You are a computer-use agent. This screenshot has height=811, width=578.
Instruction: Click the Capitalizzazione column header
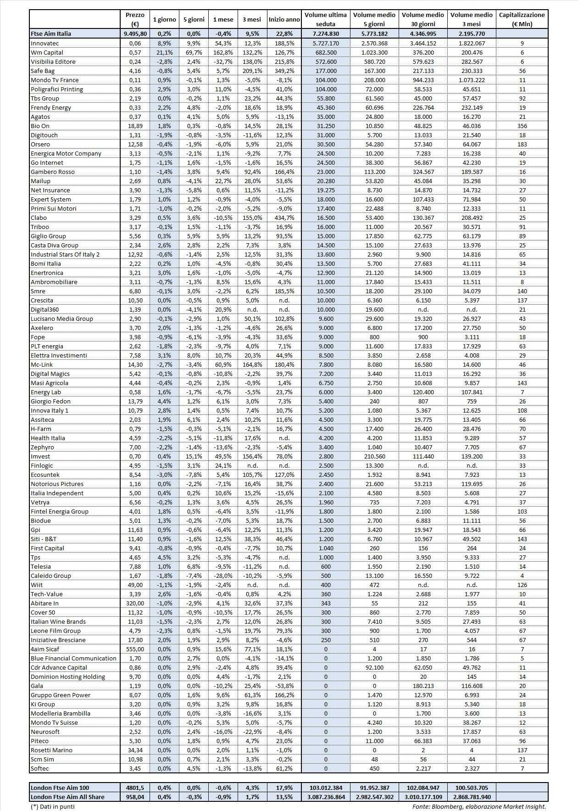click(x=522, y=19)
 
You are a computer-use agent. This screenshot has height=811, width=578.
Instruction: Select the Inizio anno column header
click(x=284, y=19)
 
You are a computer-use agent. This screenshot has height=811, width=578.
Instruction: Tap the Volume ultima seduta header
click(x=325, y=19)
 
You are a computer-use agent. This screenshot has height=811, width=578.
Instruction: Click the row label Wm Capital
click(x=47, y=52)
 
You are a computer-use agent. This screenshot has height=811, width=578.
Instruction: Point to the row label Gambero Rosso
click(x=52, y=172)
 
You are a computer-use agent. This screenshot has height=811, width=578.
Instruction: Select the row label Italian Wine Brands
click(x=58, y=621)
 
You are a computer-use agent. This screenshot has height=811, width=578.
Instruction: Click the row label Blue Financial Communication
click(x=73, y=658)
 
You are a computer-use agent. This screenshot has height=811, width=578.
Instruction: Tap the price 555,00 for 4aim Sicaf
click(x=135, y=649)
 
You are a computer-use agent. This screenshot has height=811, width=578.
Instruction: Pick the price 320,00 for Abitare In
click(x=135, y=603)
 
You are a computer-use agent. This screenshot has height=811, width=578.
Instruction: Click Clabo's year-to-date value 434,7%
click(x=284, y=218)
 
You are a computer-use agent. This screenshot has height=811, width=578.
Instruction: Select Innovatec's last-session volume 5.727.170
click(x=326, y=43)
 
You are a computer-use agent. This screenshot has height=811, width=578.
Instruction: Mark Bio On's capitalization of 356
click(x=522, y=126)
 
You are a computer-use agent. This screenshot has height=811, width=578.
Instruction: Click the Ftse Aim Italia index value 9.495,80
click(x=135, y=34)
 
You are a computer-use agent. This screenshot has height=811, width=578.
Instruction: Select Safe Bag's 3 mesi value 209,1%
click(x=252, y=71)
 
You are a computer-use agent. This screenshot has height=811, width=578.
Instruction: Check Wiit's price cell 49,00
click(x=135, y=585)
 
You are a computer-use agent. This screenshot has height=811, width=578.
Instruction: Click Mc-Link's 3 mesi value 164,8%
click(x=252, y=364)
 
